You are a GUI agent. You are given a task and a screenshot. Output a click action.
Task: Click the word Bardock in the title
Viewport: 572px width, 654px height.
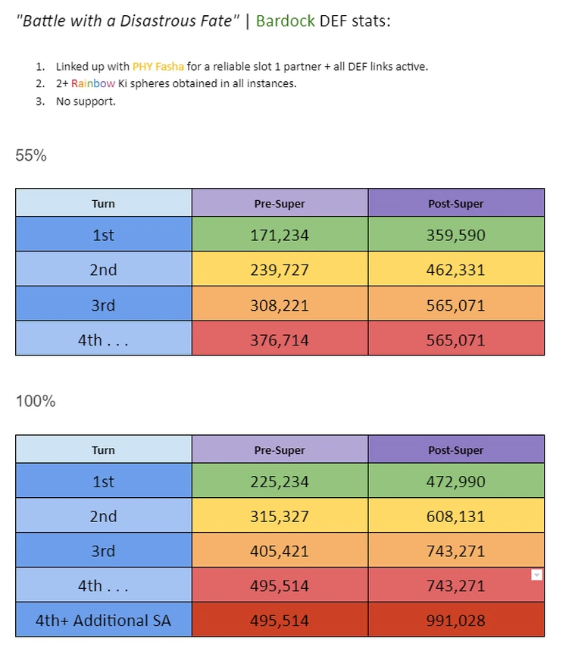(285, 20)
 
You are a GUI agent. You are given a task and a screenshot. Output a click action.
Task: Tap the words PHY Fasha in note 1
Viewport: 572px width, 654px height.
(158, 67)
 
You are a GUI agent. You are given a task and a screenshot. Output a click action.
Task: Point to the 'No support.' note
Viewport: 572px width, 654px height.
(86, 101)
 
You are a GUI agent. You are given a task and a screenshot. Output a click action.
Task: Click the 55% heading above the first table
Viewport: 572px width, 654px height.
(31, 155)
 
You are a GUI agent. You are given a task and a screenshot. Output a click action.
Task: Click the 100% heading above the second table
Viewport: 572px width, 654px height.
(36, 401)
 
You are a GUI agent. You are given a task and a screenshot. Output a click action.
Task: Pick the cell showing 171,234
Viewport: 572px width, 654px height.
(280, 235)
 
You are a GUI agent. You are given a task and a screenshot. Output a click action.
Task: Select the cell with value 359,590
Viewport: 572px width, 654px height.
(455, 235)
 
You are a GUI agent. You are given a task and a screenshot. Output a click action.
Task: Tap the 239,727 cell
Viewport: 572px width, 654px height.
(280, 270)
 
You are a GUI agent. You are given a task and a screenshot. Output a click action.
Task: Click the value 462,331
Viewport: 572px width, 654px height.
(455, 270)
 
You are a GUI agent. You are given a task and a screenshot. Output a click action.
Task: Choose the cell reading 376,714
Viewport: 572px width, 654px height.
(280, 340)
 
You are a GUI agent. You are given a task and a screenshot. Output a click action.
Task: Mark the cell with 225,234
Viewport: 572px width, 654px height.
(280, 481)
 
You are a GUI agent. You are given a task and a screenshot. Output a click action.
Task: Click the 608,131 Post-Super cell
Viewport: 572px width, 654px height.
(455, 516)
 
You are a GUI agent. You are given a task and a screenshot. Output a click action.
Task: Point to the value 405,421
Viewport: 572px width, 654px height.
(280, 551)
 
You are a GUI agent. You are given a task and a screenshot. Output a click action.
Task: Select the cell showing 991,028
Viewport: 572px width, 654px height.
(455, 621)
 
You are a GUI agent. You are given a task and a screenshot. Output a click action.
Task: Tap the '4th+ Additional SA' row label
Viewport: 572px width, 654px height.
(103, 621)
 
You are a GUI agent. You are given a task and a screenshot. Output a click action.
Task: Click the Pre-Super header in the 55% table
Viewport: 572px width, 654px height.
(280, 203)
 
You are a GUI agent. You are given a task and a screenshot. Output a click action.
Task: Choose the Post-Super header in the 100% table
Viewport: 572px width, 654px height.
(455, 450)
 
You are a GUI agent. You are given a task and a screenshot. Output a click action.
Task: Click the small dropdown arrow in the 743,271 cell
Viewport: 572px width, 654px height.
(536, 575)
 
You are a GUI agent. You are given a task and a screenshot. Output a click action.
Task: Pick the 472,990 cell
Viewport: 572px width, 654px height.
(455, 481)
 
